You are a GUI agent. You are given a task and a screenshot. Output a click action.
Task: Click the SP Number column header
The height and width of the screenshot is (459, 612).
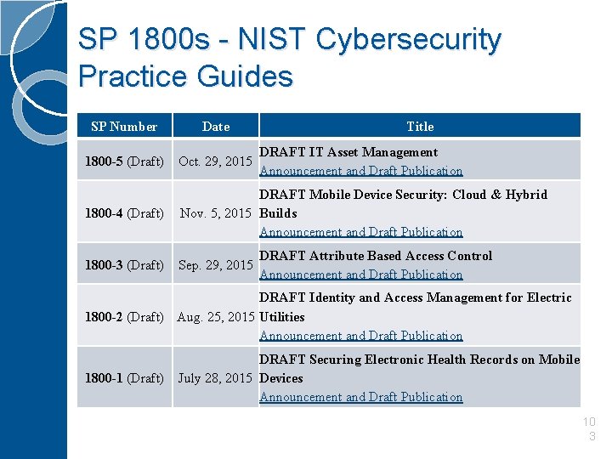coord(124,127)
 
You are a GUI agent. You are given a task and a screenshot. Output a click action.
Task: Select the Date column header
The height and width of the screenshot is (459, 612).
coord(216,127)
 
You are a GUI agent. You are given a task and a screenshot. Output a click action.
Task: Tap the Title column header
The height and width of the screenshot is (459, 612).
coord(420,127)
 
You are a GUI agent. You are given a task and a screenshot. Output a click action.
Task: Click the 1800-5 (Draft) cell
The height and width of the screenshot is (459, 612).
coord(124,161)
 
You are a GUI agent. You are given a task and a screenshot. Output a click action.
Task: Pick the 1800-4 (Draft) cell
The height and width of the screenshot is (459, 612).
coord(124,213)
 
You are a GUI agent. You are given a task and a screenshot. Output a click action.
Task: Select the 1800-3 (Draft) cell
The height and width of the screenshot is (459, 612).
coord(124,265)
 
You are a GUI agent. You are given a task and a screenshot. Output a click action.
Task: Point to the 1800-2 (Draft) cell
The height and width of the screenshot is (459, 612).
coord(124,317)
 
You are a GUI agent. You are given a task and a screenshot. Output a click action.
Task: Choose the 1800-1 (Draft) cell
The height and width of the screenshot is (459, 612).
coord(124,378)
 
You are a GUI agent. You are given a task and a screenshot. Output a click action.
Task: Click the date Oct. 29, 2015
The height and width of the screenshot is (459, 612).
coord(215,161)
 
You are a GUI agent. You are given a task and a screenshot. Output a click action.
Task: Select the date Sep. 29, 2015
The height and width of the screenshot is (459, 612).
coord(215,265)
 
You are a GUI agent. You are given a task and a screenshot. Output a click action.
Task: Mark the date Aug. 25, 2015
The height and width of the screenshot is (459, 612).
coord(215,317)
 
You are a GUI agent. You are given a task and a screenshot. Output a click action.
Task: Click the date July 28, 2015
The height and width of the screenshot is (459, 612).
coord(215,378)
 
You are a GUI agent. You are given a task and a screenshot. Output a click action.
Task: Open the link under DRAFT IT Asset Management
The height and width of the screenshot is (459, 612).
coord(361,171)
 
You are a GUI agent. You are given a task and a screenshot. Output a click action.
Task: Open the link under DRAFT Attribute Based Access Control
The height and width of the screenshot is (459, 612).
coord(361,275)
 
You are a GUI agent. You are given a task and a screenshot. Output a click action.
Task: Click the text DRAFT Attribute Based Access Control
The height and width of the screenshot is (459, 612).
coord(376,256)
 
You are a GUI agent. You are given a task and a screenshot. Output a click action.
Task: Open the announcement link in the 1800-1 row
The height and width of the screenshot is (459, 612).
coord(361,397)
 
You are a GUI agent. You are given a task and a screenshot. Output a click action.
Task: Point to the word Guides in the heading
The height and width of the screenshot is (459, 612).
coord(245,76)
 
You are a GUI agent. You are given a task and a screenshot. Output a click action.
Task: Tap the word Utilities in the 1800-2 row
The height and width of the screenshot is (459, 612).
coord(282,317)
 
